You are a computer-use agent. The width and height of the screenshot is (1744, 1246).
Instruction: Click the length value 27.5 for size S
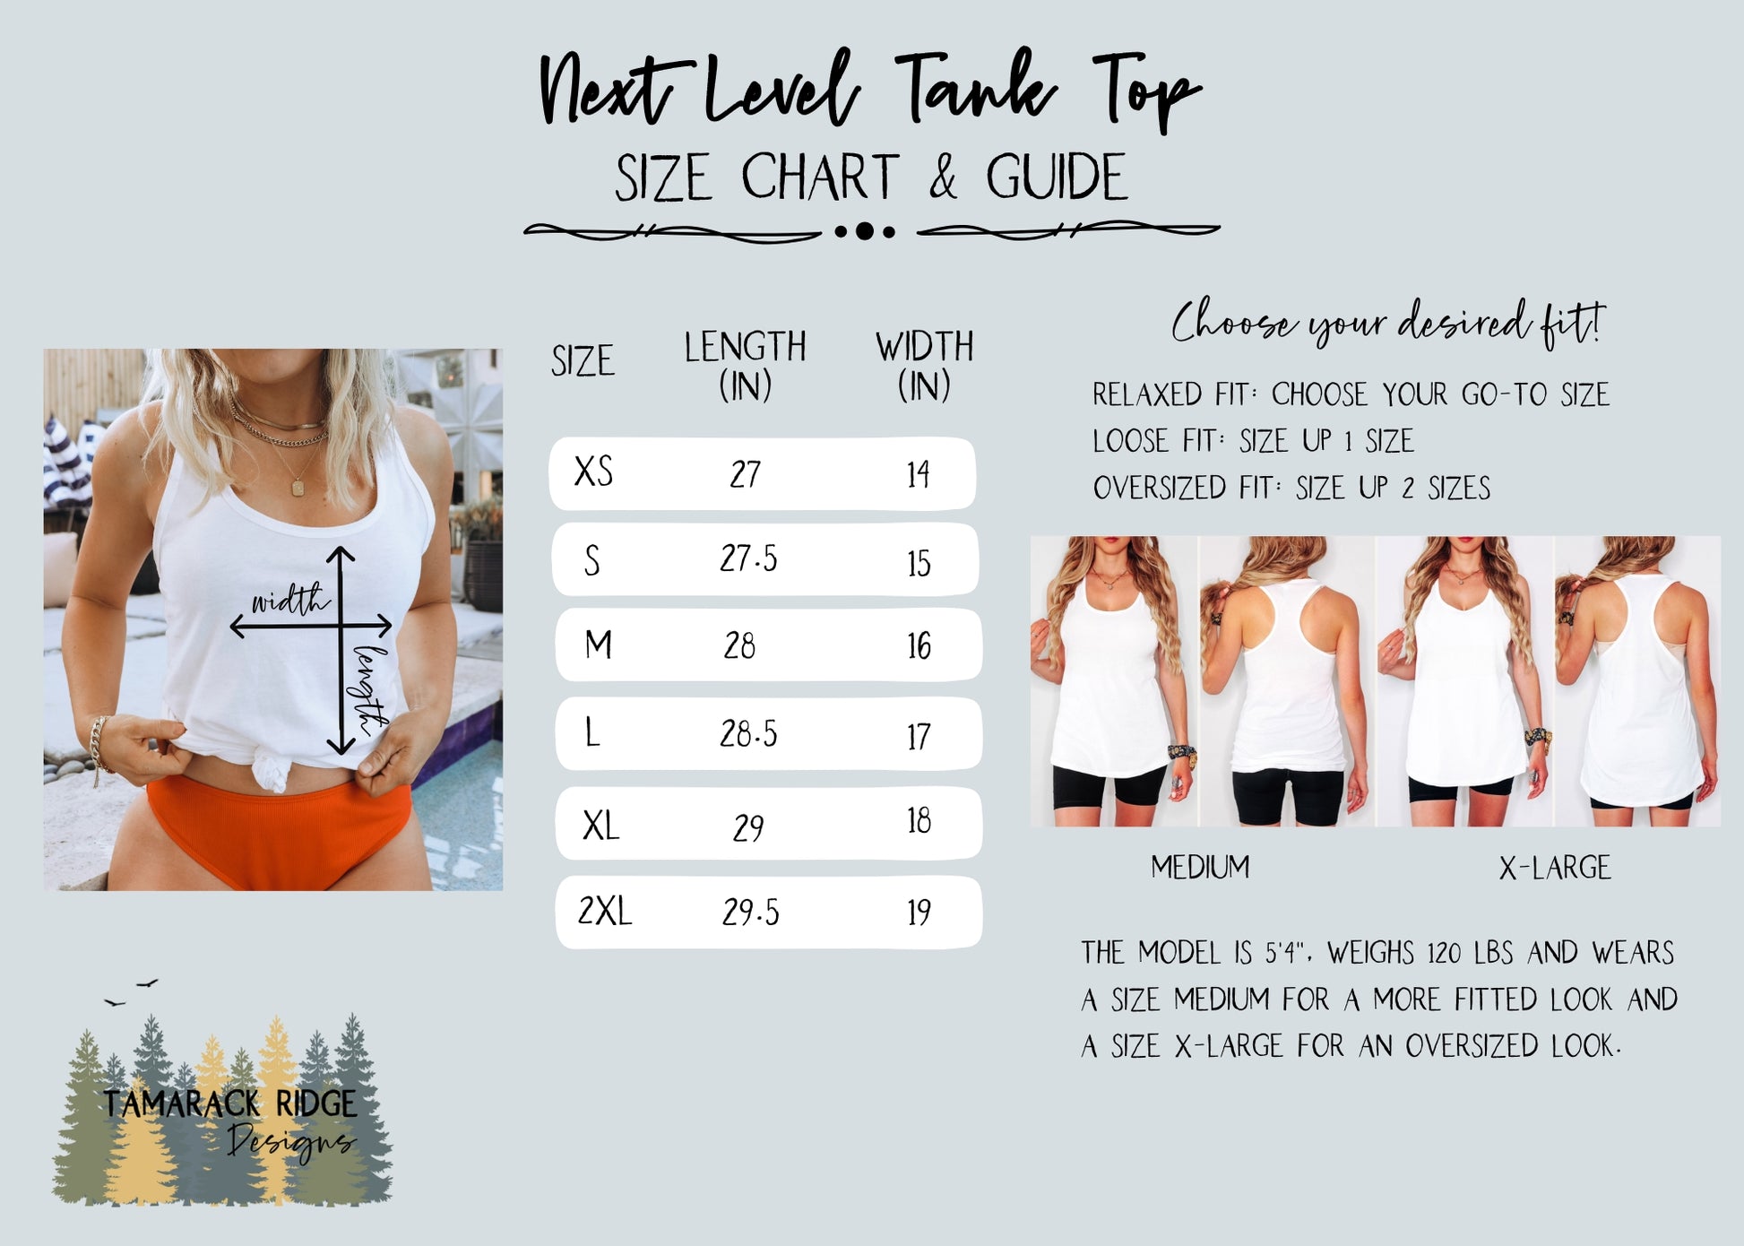[748, 558]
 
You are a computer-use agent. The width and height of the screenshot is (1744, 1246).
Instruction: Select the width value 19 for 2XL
[919, 912]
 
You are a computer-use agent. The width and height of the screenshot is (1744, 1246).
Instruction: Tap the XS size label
[593, 472]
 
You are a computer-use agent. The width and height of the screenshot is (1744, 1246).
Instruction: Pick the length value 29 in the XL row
[748, 826]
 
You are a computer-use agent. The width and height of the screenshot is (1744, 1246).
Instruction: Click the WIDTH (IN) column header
[924, 366]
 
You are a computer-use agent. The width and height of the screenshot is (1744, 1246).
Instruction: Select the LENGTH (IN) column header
[745, 366]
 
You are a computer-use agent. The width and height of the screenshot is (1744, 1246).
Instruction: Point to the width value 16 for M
[919, 645]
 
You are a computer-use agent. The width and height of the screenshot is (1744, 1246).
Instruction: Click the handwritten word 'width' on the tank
[289, 600]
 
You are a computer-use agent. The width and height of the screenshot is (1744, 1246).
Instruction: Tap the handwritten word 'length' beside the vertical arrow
[371, 690]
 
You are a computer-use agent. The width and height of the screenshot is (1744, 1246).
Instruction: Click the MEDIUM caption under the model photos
[1200, 867]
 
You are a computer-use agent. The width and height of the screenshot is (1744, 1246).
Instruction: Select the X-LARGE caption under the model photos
[1555, 867]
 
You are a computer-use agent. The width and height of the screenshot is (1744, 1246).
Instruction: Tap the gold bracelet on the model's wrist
[98, 744]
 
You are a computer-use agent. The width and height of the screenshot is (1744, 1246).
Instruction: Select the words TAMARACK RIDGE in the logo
[229, 1103]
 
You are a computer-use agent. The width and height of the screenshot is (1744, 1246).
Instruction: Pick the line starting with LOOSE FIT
[1252, 441]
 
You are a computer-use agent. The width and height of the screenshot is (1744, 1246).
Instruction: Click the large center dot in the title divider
[864, 231]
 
